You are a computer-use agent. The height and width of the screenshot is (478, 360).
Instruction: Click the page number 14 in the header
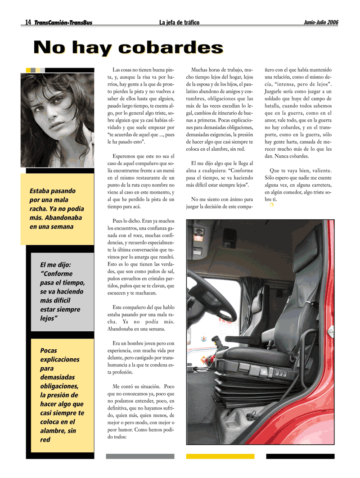(28, 22)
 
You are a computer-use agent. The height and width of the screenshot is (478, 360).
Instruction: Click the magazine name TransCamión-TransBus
(63, 23)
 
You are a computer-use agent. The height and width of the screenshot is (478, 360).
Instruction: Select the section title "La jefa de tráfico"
(179, 23)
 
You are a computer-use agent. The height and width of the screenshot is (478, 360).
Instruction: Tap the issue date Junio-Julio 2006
(321, 22)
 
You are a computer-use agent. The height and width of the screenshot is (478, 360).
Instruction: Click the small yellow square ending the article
(271, 205)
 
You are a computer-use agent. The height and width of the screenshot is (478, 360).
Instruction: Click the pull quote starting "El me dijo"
(63, 291)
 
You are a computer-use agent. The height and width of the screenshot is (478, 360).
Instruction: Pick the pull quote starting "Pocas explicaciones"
(62, 394)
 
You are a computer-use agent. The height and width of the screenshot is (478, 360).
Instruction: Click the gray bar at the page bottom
(139, 456)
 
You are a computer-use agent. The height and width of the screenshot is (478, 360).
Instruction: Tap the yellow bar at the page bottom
(220, 456)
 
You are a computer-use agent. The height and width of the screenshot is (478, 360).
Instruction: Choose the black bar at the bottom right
(300, 456)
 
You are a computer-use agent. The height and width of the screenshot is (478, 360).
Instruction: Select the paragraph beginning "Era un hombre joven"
(140, 358)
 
